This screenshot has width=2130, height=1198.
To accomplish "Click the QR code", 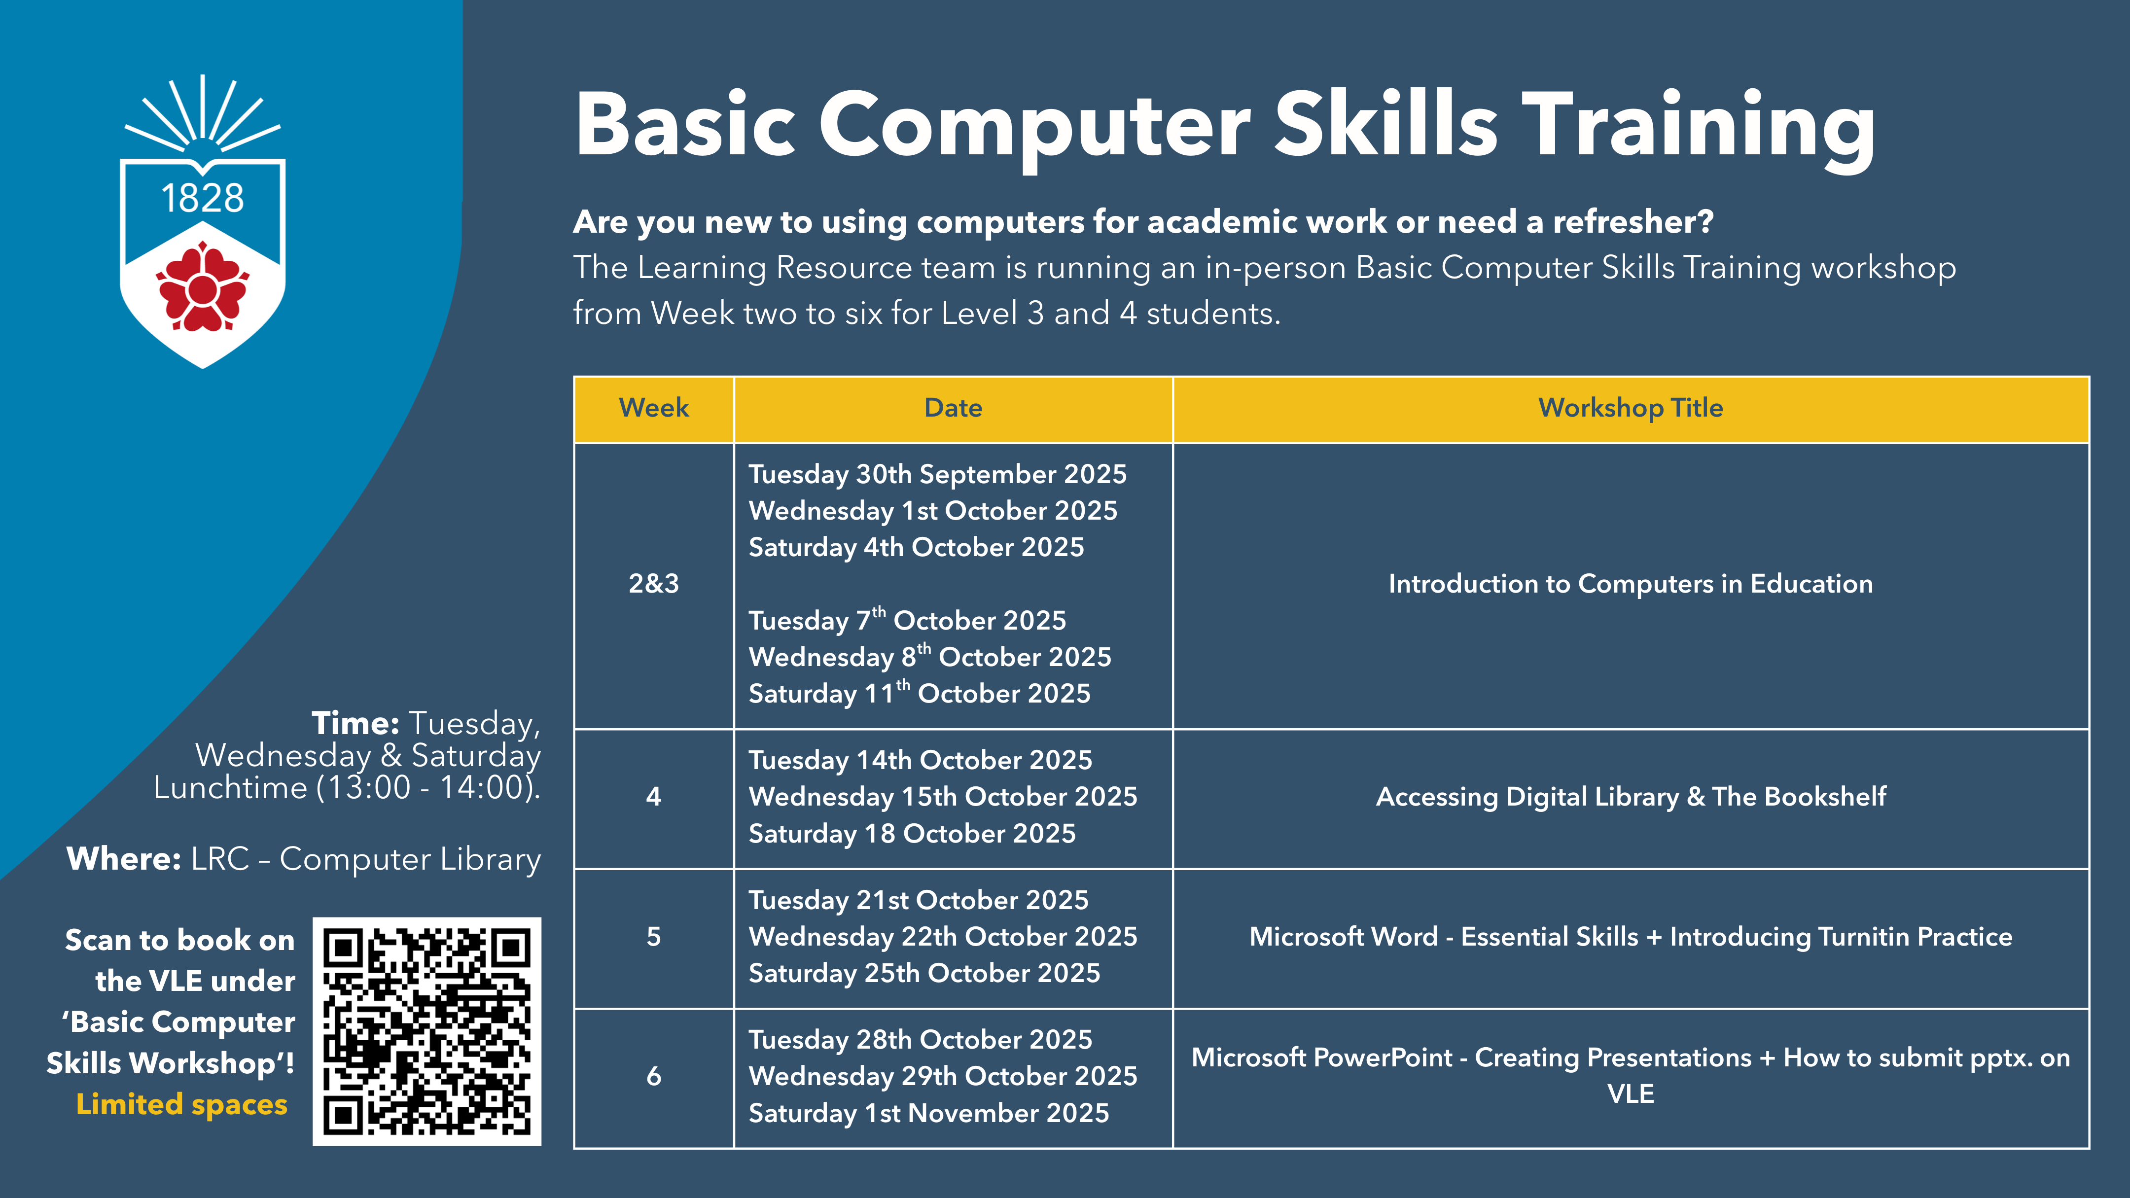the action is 426,1031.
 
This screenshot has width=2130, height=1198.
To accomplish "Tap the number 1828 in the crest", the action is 203,198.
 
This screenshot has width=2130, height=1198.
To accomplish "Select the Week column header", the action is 653,408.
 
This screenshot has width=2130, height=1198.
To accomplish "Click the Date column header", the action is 954,408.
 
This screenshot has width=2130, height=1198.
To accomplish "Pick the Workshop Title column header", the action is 1631,408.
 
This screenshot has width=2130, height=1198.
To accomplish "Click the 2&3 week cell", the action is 653,584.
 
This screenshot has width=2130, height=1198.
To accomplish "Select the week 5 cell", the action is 653,937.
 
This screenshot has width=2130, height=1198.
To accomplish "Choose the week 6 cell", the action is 653,1076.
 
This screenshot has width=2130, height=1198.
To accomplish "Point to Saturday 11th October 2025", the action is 920,693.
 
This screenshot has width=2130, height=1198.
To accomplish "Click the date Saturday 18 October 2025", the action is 912,833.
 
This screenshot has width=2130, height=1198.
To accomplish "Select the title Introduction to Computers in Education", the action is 1631,584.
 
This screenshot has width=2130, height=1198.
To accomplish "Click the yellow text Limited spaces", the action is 182,1104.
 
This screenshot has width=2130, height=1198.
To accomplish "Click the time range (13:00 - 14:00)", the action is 429,788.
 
